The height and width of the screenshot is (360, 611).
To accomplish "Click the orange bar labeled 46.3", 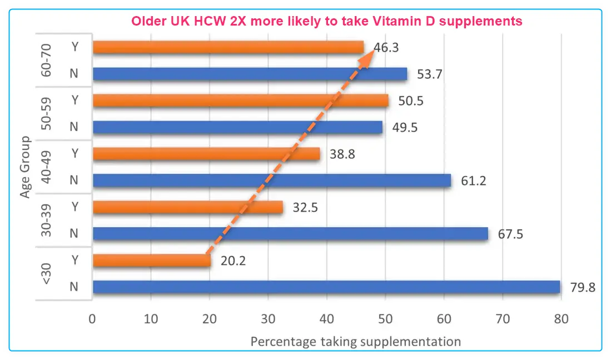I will click(228, 47).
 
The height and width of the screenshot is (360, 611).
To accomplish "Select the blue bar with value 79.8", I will click(326, 287).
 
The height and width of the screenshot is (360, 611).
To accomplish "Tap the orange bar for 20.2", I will click(152, 260).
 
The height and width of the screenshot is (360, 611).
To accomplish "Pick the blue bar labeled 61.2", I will click(272, 180).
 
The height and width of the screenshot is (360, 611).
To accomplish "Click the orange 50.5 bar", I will click(241, 101).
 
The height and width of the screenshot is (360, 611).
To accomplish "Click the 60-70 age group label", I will click(48, 61).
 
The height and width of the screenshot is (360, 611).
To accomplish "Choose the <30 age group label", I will click(48, 273).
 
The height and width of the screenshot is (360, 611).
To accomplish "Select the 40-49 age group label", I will click(48, 167).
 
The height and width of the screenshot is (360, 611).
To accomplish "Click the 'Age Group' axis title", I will click(24, 167).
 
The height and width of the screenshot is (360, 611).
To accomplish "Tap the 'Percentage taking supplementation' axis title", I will click(356, 341).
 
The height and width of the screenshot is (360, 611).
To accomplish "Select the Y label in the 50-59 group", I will click(74, 101).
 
